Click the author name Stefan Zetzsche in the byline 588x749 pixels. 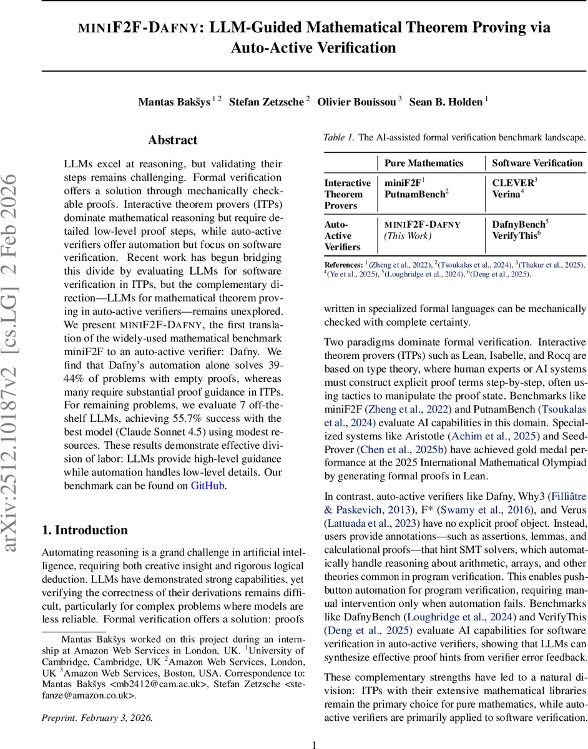(x=267, y=102)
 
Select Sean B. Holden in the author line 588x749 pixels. (x=445, y=102)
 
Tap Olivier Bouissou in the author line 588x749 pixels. (x=356, y=102)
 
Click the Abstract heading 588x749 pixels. (x=172, y=140)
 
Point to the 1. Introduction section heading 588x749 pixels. (x=84, y=531)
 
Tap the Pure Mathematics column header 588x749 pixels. (x=424, y=163)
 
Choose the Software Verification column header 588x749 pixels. (x=537, y=163)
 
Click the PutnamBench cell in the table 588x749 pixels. (x=414, y=194)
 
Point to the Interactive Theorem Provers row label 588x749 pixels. (x=347, y=194)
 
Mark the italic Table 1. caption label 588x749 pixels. (x=338, y=137)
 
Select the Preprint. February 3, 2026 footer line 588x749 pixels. (x=97, y=717)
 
